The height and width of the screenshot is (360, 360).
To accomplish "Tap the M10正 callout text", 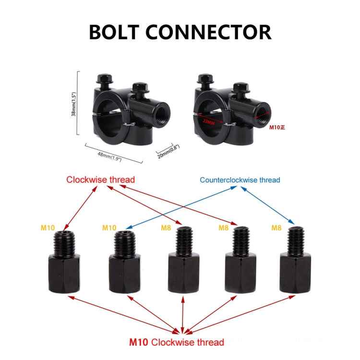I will (277, 128).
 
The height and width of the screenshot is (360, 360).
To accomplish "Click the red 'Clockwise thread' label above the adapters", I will (101, 180).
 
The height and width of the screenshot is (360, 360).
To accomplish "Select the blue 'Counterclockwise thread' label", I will (240, 180).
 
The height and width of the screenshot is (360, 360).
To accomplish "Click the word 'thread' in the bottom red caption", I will (208, 342).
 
